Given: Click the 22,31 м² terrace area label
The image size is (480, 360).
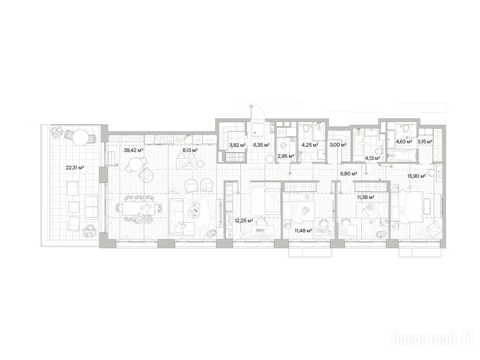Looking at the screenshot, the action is pos(75,167).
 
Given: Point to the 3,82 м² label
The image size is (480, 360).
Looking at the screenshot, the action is pos(238,145).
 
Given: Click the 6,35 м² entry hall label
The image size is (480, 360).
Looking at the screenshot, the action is pos(262,145).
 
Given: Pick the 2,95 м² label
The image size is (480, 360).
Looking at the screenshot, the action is pos(286,156).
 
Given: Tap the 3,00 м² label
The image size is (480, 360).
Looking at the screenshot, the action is pos(338,145).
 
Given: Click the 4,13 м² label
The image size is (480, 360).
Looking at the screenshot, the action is pos(372,158).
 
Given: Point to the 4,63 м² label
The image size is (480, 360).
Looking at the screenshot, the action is pos(404,142).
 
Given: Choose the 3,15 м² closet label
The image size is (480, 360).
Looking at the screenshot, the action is pos(425,142).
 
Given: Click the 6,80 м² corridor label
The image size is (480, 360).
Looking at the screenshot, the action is pos(349,174).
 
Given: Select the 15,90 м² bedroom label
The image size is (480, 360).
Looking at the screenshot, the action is pos(417,176).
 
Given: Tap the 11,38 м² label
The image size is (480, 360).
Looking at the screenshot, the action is pos(366,197).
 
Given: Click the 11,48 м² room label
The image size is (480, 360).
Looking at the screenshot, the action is pos(303,231).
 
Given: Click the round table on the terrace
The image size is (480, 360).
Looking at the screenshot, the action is pos(81,136).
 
